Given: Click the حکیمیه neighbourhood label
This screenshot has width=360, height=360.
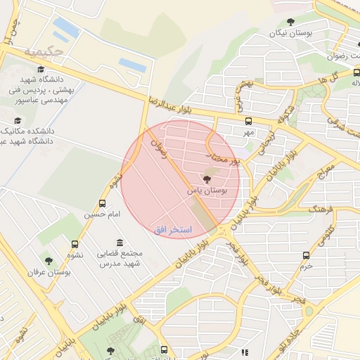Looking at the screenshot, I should click(x=44, y=51).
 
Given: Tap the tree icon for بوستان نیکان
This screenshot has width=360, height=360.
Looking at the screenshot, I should click(x=292, y=22).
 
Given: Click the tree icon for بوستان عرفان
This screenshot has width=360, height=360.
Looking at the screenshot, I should click(x=48, y=261).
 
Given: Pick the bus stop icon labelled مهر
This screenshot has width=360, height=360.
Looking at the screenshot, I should click(x=248, y=121).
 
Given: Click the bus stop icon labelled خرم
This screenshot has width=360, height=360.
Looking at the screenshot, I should click(x=305, y=255).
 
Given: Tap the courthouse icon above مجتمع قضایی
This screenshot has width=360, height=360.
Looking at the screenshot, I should click(x=119, y=242).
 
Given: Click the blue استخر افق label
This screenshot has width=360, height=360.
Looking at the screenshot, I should click(x=171, y=230).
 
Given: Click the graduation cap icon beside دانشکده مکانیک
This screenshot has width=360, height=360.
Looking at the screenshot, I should click(x=18, y=120).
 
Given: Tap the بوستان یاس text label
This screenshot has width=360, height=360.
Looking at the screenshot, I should click(x=205, y=191).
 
